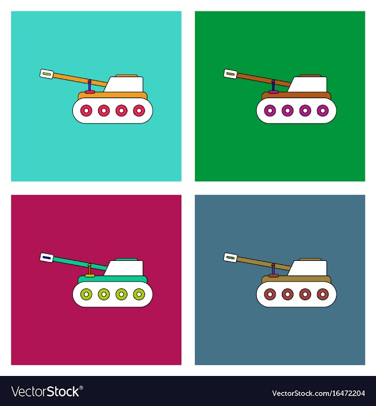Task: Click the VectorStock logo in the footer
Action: pos(47,391)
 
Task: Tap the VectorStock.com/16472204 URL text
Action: pos(318,393)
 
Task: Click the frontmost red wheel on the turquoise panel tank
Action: pos(86,110)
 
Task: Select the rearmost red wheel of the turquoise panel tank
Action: pos(139,110)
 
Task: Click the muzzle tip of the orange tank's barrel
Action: pos(46,74)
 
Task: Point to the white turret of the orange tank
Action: pos(125,84)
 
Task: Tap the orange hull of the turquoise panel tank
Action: pos(113,95)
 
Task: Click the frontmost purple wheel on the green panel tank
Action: pos(270,110)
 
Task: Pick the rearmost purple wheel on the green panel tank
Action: pos(323,110)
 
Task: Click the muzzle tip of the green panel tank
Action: pos(230,74)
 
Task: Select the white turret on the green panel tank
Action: pos(308,84)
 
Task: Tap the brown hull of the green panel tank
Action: pos(297,95)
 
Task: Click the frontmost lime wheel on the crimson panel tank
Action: pos(86,294)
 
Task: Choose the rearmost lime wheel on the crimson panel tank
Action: pos(139,294)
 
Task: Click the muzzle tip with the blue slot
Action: pos(46,257)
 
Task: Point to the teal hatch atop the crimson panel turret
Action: pos(126,259)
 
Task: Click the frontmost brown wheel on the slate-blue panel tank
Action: pos(270,294)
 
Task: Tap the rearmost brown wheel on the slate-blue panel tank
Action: pos(323,294)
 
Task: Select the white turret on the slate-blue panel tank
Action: pos(308,268)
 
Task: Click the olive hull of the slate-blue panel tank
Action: pos(297,279)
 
